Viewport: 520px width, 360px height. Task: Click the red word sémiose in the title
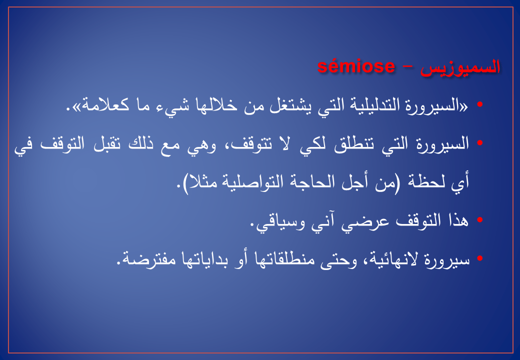tap(356, 67)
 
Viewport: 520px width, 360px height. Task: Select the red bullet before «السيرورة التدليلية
tap(479, 104)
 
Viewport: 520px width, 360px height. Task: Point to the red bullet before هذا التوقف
tap(479, 220)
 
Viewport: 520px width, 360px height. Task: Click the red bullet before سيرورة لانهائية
tap(479, 258)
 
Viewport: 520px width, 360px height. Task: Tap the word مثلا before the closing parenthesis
tap(203, 182)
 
